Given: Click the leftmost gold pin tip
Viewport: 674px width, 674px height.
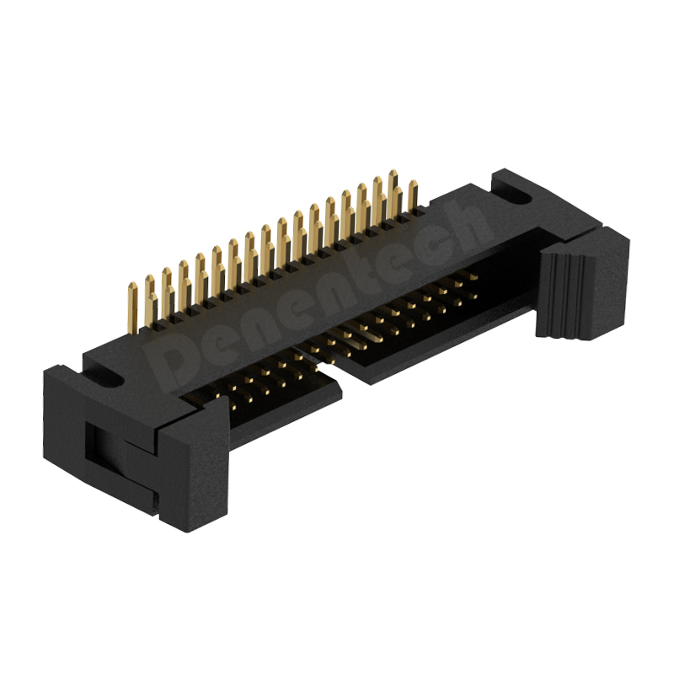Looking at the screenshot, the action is click(x=133, y=286).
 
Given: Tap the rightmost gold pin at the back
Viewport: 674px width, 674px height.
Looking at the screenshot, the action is click(x=413, y=197).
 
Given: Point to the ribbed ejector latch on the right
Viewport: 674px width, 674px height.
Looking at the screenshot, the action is click(x=565, y=294).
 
